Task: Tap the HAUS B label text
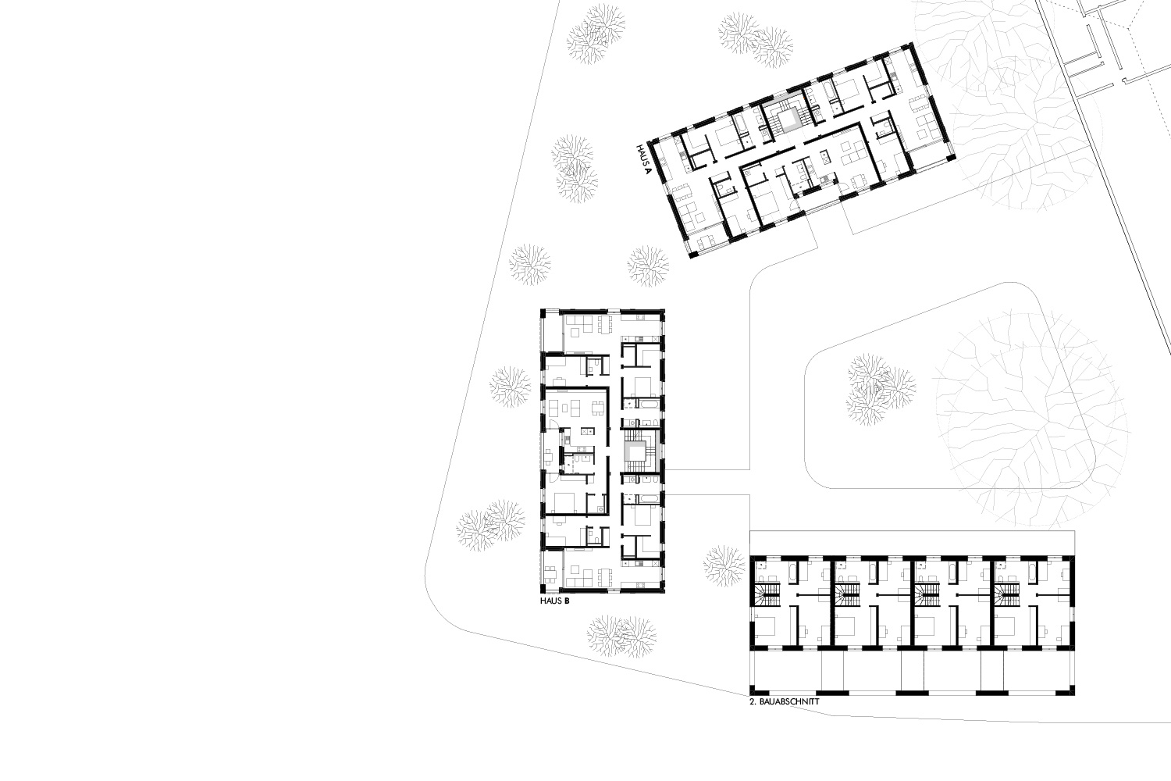click(x=554, y=601)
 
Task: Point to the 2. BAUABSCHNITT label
click(x=784, y=702)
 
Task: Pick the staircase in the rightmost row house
click(x=1006, y=595)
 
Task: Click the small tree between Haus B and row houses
click(x=724, y=566)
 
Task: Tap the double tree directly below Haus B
click(x=621, y=636)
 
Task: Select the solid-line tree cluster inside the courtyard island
click(x=880, y=390)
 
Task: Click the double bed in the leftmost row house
click(x=765, y=626)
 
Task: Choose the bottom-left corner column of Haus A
click(x=693, y=255)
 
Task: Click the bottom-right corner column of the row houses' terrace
click(x=1070, y=690)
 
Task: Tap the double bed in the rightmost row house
click(x=1005, y=626)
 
